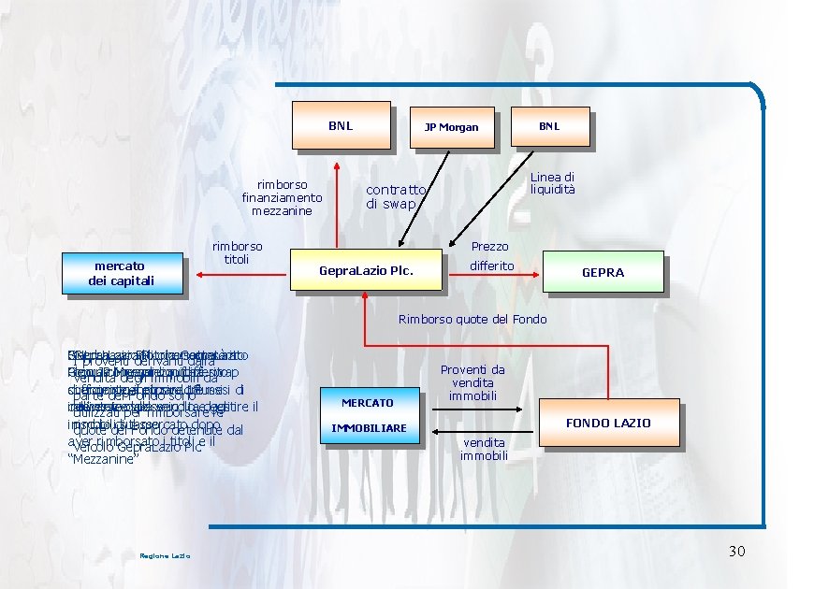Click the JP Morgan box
coord(450,127)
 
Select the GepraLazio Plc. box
coord(366,272)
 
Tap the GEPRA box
coord(603,273)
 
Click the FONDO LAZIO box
coord(606,423)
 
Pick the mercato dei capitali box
coord(121,273)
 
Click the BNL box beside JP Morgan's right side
coord(549,126)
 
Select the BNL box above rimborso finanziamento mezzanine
coord(341,125)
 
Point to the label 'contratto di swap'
coord(396,196)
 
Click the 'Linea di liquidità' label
coord(553,183)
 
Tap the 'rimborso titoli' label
coord(237,252)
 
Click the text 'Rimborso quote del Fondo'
coord(472,320)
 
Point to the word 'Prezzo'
coord(490,246)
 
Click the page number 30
coord(736,552)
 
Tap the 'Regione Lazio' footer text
coord(165,556)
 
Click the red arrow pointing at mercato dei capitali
coord(234,274)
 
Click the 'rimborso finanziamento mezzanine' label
coord(282,197)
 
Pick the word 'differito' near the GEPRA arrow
coord(492,266)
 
